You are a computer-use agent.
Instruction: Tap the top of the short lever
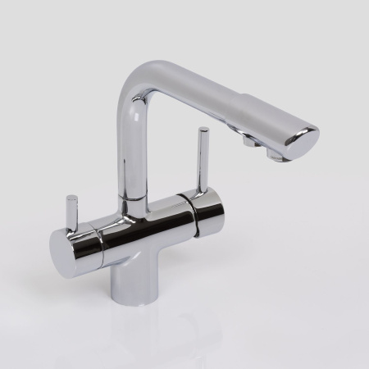click(72, 198)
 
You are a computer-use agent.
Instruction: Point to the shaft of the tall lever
click(199, 161)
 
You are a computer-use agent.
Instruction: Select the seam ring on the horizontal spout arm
click(239, 107)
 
